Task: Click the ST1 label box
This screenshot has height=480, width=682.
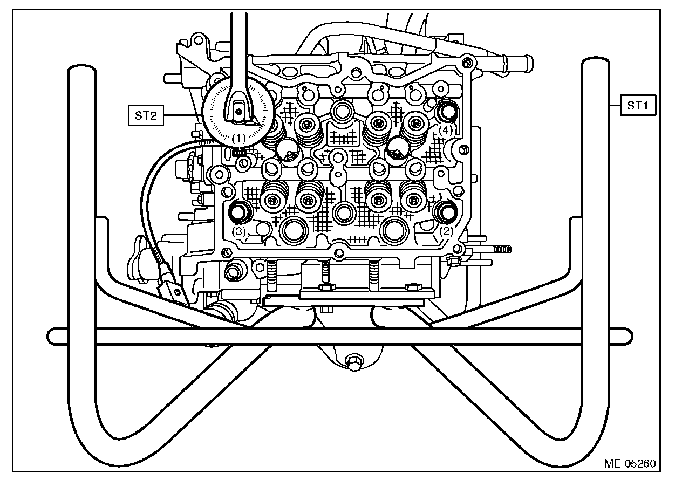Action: click(638, 106)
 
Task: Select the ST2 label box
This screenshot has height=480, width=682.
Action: click(145, 116)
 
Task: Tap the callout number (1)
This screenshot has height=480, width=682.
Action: click(238, 138)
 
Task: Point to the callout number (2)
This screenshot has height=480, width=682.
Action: click(446, 230)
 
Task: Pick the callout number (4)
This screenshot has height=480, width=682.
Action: click(445, 129)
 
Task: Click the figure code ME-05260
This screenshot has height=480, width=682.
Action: click(630, 463)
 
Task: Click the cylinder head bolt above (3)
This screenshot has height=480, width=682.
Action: click(238, 212)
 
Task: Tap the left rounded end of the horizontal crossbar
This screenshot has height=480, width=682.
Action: click(52, 335)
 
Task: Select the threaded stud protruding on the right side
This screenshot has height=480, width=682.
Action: click(500, 250)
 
